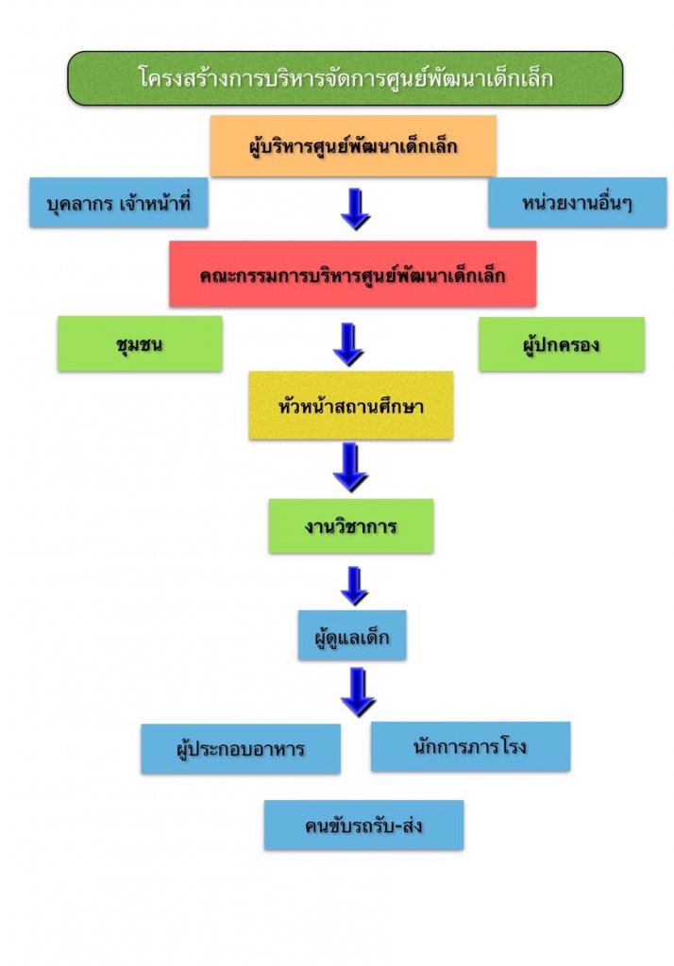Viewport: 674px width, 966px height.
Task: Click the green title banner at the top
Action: [x=345, y=77]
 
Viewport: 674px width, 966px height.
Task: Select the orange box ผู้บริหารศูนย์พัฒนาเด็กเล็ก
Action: [x=353, y=146]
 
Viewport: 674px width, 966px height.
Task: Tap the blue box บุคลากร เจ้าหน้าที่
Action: [x=118, y=203]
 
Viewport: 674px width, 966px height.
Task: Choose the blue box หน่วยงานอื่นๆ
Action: [x=577, y=203]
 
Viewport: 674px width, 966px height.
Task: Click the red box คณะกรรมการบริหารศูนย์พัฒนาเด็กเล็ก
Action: [x=353, y=275]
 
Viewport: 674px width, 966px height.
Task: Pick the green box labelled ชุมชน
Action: [x=140, y=343]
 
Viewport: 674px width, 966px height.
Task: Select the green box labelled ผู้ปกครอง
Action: [x=561, y=344]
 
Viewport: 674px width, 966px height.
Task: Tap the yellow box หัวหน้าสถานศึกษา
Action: [x=350, y=406]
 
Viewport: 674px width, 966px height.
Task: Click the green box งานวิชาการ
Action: [x=350, y=526]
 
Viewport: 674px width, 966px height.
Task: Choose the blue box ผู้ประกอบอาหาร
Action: [x=241, y=749]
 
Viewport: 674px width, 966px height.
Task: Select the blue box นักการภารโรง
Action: [x=470, y=746]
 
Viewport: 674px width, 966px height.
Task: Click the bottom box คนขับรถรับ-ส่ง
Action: [x=363, y=825]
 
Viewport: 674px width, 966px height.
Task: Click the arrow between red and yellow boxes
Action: [x=348, y=343]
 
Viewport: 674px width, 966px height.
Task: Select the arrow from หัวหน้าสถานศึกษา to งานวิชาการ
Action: [x=350, y=466]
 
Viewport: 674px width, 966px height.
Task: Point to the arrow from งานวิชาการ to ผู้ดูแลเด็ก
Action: [x=354, y=585]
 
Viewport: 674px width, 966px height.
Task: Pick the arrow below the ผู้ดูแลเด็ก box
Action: [x=358, y=691]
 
